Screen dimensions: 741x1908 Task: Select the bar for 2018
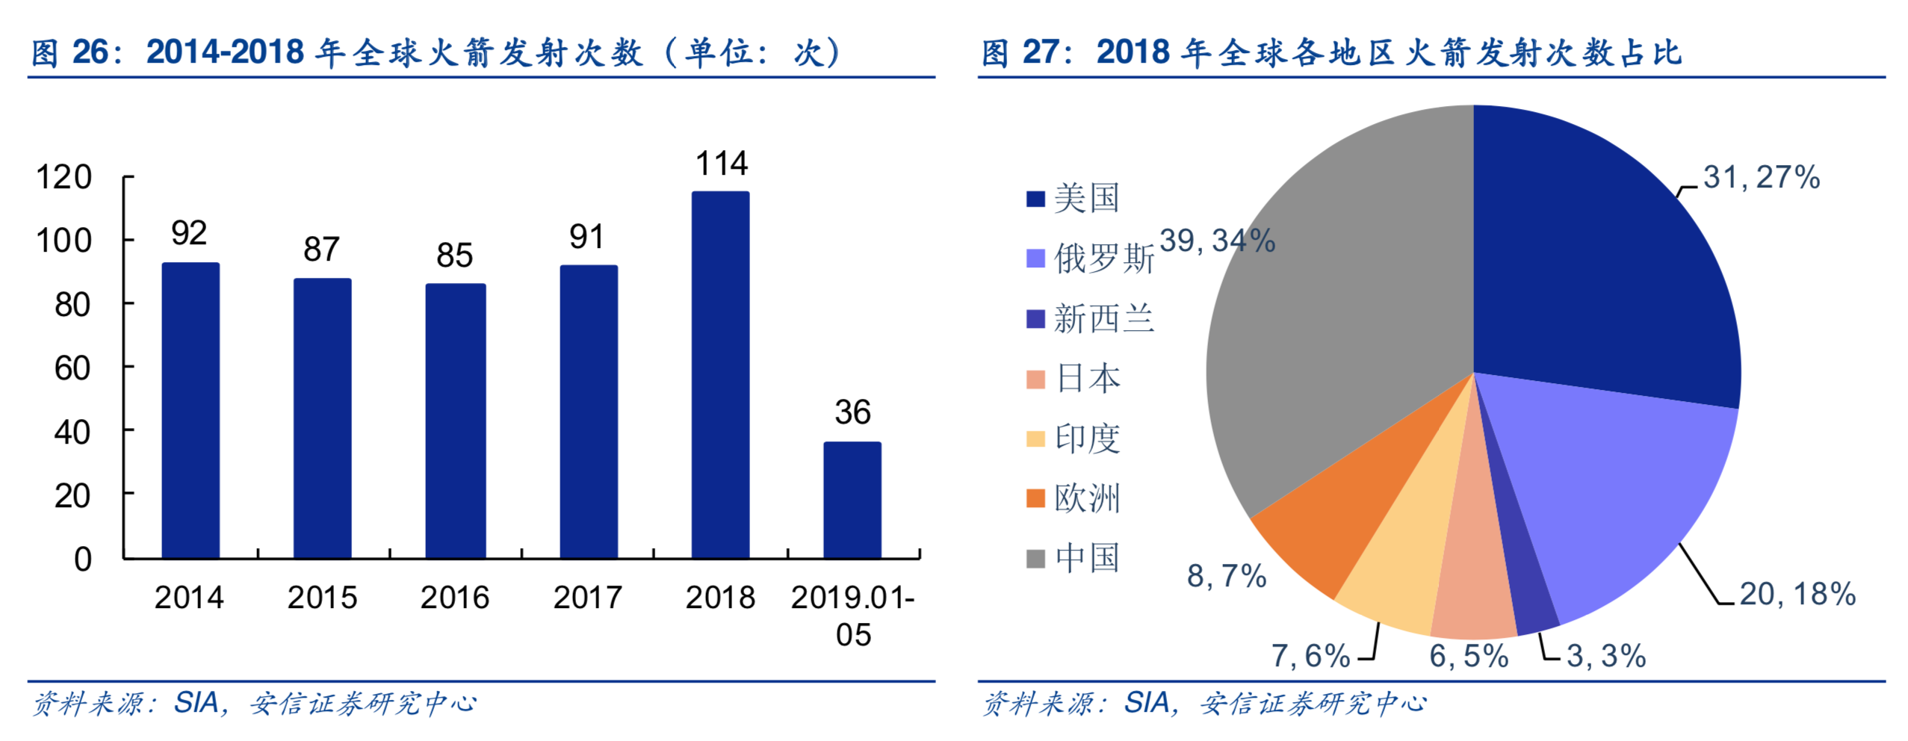[x=719, y=375]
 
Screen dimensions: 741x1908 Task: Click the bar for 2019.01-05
[x=852, y=500]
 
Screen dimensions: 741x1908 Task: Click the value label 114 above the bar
[x=721, y=164]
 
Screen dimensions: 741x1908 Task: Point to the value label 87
[x=321, y=249]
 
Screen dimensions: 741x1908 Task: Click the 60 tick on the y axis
[x=72, y=368]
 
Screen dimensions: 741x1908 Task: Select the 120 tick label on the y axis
[x=64, y=178]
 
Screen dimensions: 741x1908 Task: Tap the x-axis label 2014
[x=189, y=598]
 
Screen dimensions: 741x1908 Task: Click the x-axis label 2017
[x=587, y=598]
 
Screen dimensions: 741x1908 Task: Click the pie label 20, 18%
[x=1797, y=595]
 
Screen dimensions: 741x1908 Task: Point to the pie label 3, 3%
[x=1605, y=657]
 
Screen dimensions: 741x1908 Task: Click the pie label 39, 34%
[x=1216, y=241]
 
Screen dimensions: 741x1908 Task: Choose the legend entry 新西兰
[x=1103, y=319]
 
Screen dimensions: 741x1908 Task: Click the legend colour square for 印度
[x=1035, y=438]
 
